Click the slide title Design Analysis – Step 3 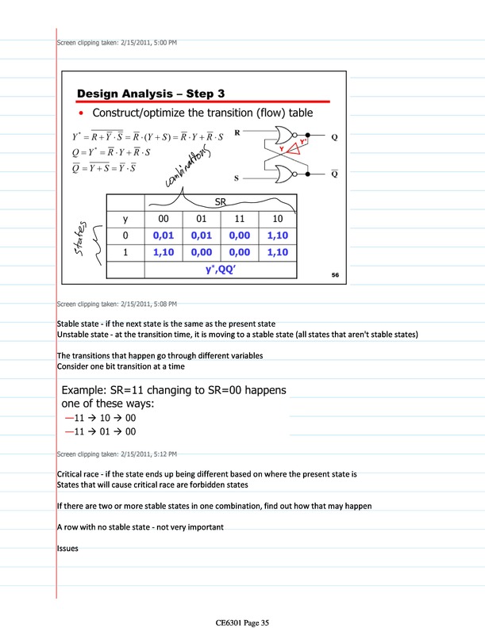151,94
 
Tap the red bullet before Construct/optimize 82,114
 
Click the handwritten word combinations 191,166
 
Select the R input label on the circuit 237,133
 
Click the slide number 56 336,274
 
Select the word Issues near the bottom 67,548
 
